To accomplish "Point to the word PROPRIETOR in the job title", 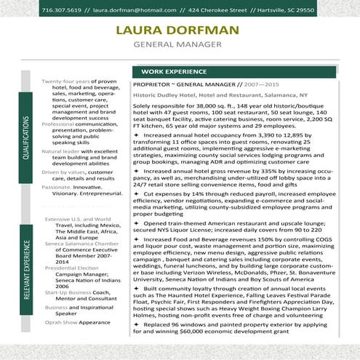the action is click(x=154, y=85).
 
